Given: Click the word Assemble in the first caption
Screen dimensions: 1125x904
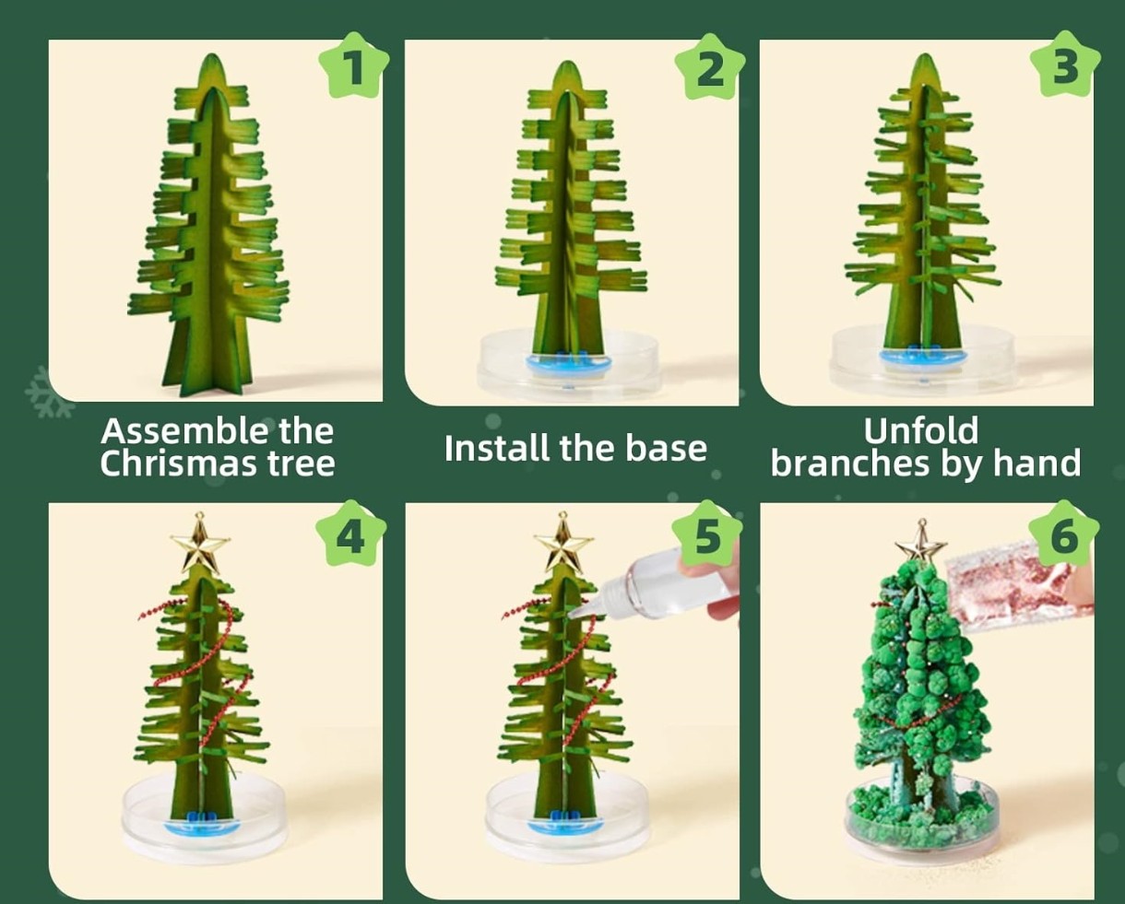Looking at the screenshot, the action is [x=185, y=431].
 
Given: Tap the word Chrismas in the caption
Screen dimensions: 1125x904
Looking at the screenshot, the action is [x=178, y=464].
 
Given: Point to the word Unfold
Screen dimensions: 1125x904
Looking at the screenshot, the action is [x=921, y=430].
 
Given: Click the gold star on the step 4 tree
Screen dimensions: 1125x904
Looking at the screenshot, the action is [x=200, y=544].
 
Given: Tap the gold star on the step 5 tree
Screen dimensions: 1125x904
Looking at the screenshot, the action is [x=563, y=544].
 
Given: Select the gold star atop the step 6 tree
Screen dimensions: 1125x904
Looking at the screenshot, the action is [x=920, y=545].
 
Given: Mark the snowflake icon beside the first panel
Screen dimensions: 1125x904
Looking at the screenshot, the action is [x=49, y=392].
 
